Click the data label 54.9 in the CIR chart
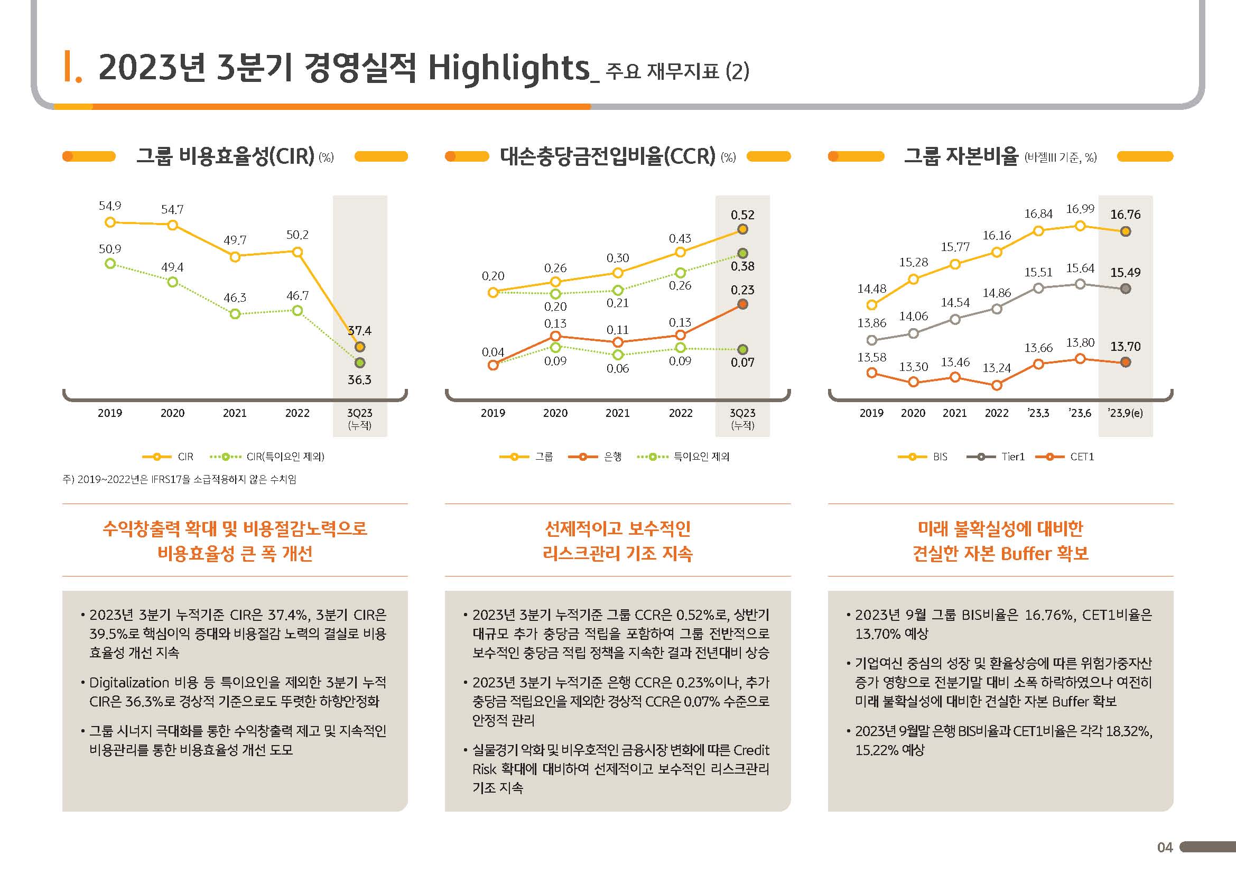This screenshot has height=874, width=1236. [110, 206]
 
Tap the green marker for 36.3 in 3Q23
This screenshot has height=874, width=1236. [360, 362]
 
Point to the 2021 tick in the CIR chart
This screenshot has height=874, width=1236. [235, 413]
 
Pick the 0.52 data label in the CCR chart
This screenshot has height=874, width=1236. [742, 215]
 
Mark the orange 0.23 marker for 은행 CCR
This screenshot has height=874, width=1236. [742, 304]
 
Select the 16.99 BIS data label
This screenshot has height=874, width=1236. [1080, 209]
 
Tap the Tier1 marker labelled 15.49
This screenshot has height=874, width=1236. [1125, 289]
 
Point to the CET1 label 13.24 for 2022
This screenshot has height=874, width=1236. [997, 368]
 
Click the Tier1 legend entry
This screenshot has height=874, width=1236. [1012, 457]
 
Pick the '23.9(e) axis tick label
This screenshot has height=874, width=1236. [1125, 413]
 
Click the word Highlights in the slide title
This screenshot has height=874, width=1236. [509, 69]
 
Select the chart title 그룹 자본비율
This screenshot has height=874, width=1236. [961, 156]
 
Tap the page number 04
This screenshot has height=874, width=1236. [1165, 848]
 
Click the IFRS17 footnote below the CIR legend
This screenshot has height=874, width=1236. [179, 479]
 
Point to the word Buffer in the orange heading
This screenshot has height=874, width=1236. [1026, 553]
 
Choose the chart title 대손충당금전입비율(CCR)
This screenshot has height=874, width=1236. [607, 156]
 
